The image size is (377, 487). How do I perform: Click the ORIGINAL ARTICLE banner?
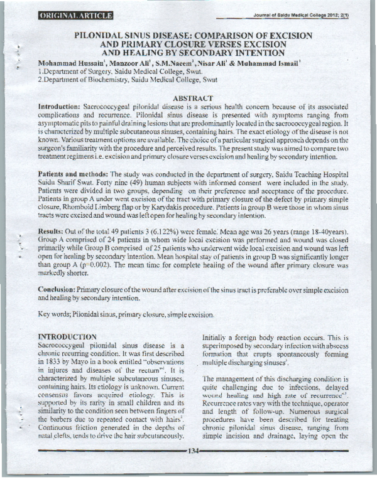[76, 15]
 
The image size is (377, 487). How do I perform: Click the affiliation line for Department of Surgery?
[116, 73]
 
